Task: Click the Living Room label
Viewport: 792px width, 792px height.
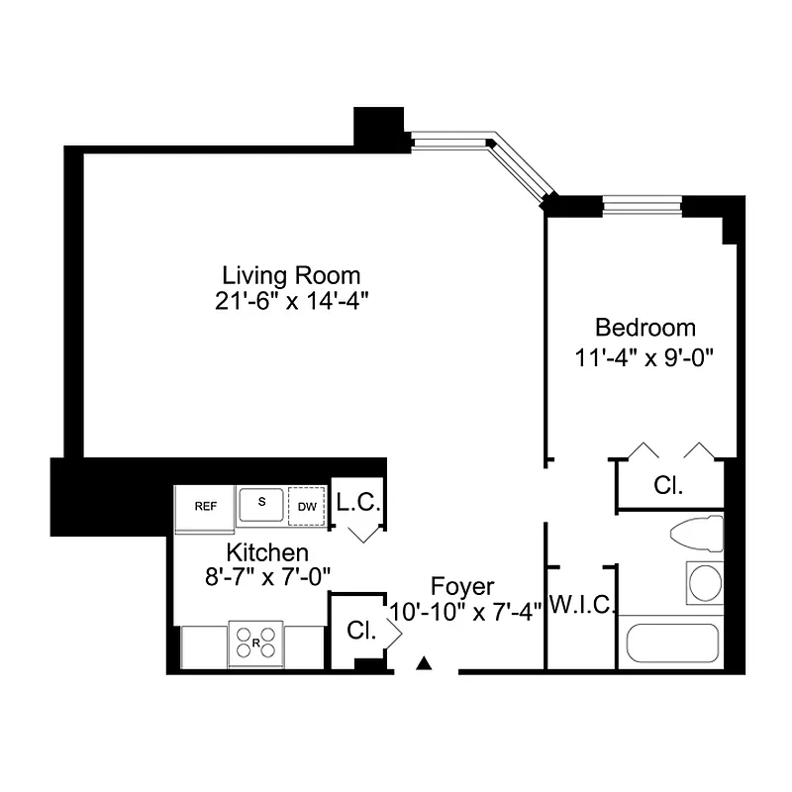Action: click(x=290, y=275)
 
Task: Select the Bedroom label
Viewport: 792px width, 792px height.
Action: click(x=644, y=328)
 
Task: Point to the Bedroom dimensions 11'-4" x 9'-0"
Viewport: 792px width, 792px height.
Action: click(x=644, y=356)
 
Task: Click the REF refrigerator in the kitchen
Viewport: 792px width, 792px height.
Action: click(x=205, y=506)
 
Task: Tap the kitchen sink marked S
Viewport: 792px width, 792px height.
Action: click(x=262, y=503)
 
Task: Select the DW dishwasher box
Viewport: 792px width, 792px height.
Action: click(x=307, y=506)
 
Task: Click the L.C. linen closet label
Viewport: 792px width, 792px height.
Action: click(x=356, y=502)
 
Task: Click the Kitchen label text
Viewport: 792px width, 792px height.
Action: click(x=267, y=552)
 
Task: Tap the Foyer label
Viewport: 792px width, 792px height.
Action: click(x=462, y=586)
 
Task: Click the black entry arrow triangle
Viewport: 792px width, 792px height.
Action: click(x=426, y=662)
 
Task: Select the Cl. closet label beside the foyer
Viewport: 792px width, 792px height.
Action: click(x=359, y=631)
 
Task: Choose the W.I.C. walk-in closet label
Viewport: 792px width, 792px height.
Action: click(x=583, y=604)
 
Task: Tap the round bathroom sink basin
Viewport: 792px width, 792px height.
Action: click(x=705, y=583)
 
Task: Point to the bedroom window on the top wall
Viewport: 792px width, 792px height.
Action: click(x=642, y=206)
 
